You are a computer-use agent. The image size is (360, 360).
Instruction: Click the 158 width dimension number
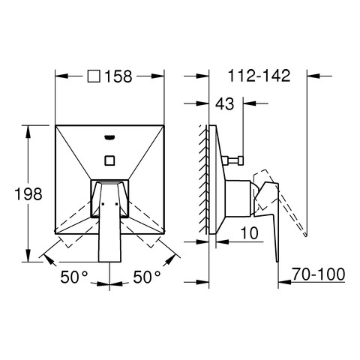point(118,76)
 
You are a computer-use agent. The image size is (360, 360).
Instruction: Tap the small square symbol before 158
point(94,76)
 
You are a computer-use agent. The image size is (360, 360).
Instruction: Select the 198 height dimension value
point(28,193)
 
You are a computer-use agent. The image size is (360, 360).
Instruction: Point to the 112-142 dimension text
point(259,76)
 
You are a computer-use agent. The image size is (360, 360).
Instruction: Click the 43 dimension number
point(225,103)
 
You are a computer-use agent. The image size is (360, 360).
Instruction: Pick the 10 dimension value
point(249,233)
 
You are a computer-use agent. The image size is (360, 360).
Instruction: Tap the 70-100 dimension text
point(318,274)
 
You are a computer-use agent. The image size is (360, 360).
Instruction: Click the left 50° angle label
point(74,277)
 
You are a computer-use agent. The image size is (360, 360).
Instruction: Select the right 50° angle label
point(147,277)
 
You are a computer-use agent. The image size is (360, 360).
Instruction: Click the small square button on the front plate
point(109,160)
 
